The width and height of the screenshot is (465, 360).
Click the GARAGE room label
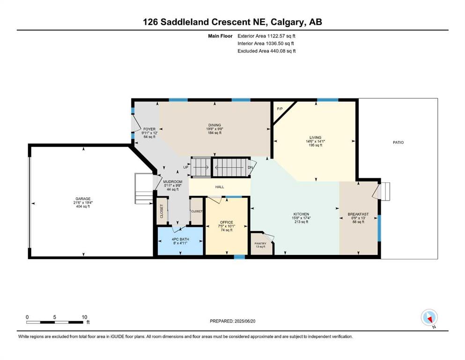[x=83, y=199]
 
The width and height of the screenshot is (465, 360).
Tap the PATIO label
[x=399, y=142]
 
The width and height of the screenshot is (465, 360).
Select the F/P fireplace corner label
[x=280, y=109]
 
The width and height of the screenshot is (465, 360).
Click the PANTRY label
[x=260, y=244]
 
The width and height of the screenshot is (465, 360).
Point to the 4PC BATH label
[x=180, y=239]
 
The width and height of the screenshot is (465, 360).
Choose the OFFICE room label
[x=227, y=222]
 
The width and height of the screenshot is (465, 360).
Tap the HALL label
[x=220, y=187]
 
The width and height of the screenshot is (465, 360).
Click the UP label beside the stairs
[x=186, y=167]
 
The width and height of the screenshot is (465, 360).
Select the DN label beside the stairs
[x=251, y=167]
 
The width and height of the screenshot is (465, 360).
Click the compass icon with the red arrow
[x=429, y=318]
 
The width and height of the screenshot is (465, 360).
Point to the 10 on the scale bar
[x=84, y=317]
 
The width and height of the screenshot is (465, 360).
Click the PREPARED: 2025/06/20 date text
[x=232, y=321]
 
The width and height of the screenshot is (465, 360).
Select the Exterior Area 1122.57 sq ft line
[x=266, y=36]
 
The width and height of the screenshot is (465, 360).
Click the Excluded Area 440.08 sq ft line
[x=266, y=51]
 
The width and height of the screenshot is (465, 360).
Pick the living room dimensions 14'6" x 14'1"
[x=315, y=142]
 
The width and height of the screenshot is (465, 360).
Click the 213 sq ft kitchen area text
[x=301, y=222]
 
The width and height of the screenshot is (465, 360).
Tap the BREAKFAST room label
[x=358, y=214]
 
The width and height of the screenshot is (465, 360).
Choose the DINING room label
[x=214, y=125]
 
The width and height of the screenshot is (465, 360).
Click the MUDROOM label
[x=173, y=182]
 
